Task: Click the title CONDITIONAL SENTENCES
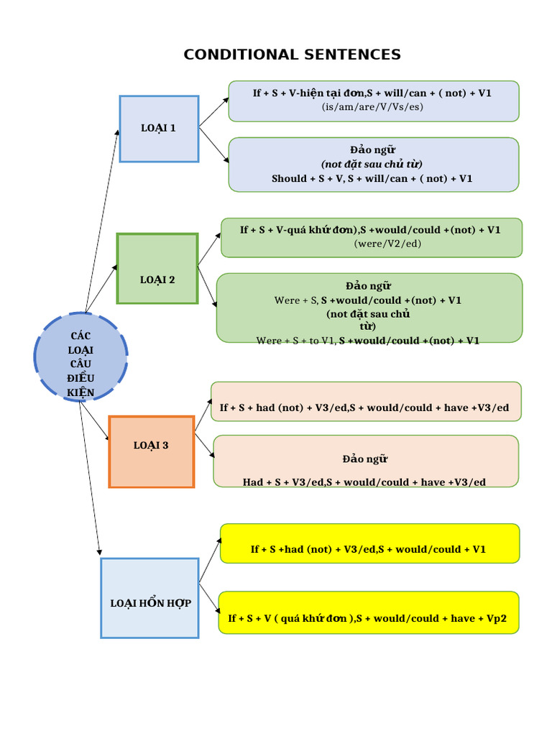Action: coord(292,55)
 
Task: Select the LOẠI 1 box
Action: coord(159,129)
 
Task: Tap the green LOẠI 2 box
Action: coord(157,269)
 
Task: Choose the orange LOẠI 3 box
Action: coord(152,451)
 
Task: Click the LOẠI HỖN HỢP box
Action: coord(149,598)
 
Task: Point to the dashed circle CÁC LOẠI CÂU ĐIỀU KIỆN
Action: coord(80,356)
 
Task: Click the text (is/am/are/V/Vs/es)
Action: coord(372,107)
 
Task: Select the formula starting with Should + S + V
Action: coord(372,178)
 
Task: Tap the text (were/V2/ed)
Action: coord(371,244)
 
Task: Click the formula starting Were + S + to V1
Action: coord(368,341)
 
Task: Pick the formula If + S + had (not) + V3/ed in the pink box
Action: coord(364,408)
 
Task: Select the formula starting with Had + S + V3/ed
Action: coord(364,482)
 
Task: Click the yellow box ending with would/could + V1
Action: coord(369,544)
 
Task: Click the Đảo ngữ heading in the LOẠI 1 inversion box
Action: coord(372,149)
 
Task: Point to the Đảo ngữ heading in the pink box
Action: coord(365,459)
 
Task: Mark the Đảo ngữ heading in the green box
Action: coord(369,286)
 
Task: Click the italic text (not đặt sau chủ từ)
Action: coord(372,164)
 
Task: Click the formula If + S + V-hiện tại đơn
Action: coord(372,93)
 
